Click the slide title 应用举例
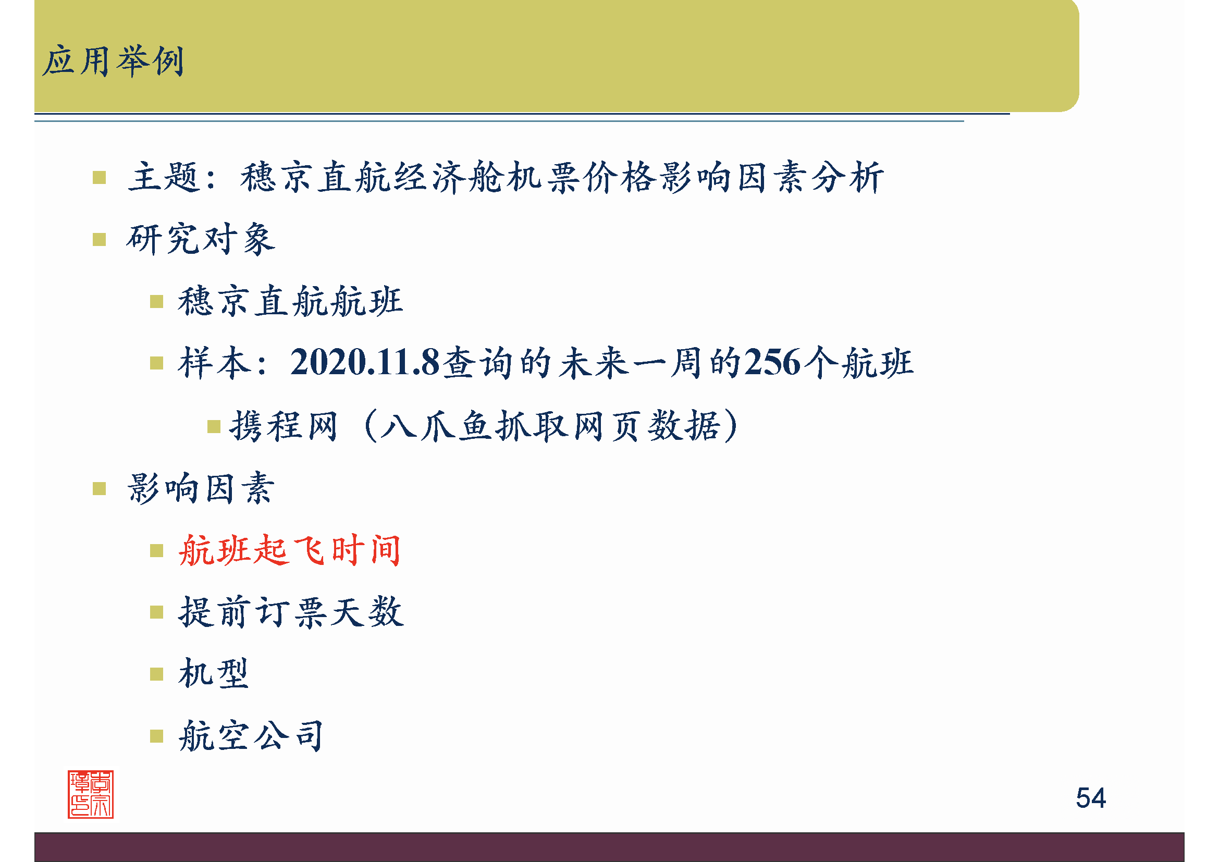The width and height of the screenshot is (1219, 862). click(113, 61)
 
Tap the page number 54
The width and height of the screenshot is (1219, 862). click(1090, 797)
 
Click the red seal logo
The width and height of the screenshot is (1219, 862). click(90, 794)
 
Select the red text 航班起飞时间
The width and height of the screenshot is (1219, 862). click(289, 550)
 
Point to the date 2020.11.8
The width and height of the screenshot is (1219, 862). click(365, 363)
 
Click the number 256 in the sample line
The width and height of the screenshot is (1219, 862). click(772, 363)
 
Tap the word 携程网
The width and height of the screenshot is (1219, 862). click(284, 426)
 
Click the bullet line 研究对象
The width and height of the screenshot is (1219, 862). click(201, 239)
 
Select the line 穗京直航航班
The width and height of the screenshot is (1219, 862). click(290, 301)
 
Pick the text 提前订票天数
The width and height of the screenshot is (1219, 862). click(291, 612)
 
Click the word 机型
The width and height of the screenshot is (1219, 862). click(214, 673)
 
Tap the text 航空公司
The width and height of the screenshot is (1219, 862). click(251, 736)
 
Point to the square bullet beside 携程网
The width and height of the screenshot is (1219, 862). click(214, 426)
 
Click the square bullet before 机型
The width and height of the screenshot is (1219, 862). click(157, 674)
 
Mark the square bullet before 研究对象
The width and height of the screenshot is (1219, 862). click(100, 239)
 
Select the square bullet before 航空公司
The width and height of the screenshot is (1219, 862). click(157, 736)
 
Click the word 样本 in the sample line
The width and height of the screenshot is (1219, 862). click(215, 363)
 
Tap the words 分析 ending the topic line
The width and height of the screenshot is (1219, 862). click(848, 177)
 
